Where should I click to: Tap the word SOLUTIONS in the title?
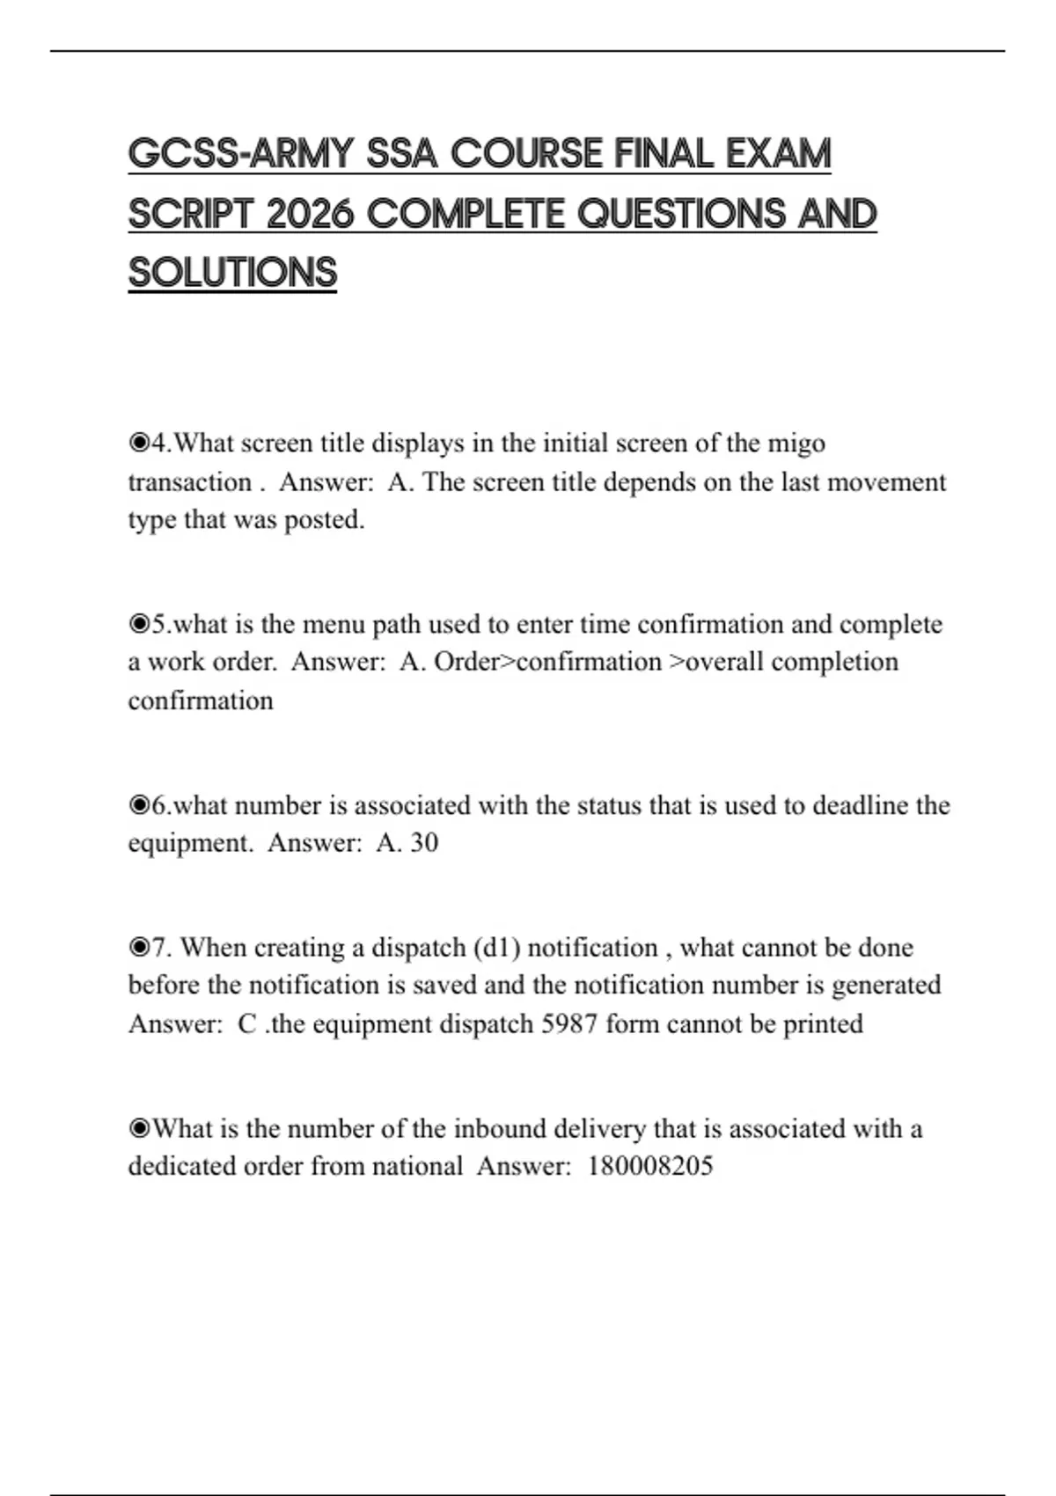[232, 273]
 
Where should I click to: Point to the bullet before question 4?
[139, 443]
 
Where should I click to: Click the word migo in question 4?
[796, 443]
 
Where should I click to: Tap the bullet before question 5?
[139, 624]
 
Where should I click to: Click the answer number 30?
[423, 843]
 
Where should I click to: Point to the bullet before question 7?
[139, 948]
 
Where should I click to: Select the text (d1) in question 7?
[496, 948]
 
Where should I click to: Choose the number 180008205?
[649, 1167]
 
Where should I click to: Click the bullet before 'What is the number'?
[139, 1129]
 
